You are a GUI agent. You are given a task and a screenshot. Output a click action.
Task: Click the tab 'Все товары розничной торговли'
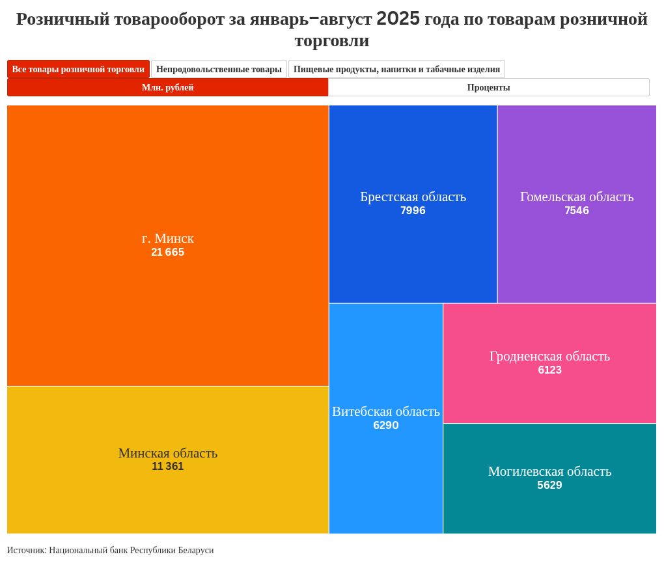point(78,69)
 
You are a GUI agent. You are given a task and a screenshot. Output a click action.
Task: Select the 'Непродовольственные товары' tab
point(219,69)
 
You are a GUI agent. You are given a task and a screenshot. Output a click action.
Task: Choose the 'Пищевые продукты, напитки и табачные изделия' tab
point(396,69)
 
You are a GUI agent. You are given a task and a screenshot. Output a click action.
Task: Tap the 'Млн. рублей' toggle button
point(168,87)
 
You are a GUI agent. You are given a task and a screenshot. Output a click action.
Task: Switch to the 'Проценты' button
point(488,87)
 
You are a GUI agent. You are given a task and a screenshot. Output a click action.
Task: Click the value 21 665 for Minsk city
point(167,253)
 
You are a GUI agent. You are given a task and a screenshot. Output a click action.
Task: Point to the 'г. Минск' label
point(167,238)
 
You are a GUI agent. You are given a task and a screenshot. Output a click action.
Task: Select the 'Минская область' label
point(167,453)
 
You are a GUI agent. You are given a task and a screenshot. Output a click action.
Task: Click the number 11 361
point(167,467)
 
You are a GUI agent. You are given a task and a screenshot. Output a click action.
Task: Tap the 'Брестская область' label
point(413,197)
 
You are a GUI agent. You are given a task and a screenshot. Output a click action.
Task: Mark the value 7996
point(413,211)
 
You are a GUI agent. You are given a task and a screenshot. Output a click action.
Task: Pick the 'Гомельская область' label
point(577,197)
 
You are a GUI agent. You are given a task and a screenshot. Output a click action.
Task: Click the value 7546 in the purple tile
point(577,211)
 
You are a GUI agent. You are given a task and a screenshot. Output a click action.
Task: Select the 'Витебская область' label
point(386,411)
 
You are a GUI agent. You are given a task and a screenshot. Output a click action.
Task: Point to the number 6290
point(386,426)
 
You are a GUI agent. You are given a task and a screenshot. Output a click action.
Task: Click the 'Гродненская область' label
point(549,356)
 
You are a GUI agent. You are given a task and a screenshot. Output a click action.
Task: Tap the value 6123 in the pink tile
point(549,370)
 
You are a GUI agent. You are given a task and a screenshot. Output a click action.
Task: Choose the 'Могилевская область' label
point(549,471)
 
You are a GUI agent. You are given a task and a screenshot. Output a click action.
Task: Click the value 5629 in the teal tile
point(549,486)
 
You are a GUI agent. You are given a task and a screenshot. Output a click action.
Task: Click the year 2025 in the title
point(398,19)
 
